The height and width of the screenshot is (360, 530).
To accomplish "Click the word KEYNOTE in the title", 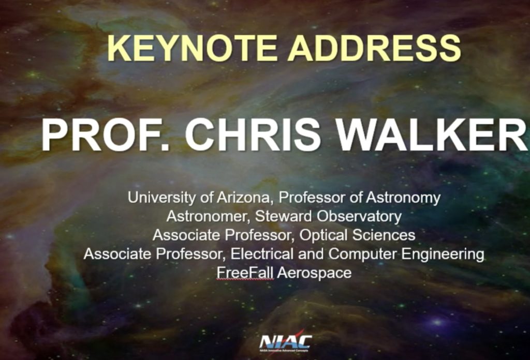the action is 193,48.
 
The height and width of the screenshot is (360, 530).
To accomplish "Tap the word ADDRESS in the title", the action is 374,48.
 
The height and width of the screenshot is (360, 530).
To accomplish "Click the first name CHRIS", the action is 253,135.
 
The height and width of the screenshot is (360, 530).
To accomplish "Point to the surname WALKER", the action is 432,135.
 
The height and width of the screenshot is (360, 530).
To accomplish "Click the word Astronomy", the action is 403,198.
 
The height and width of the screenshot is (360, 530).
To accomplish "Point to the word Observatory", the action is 359,217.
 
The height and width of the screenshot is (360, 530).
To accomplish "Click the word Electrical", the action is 262,254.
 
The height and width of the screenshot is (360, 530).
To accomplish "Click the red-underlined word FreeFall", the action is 245,273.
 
